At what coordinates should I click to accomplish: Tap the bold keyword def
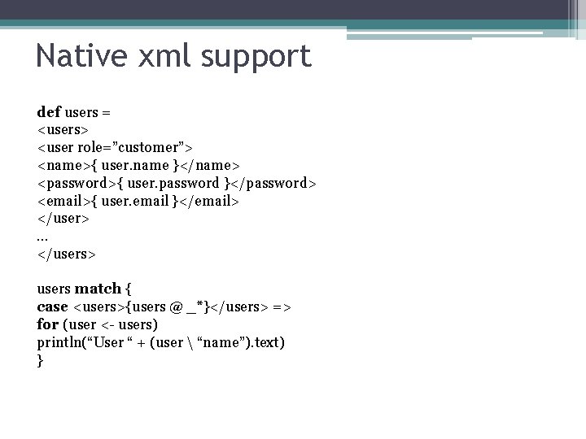point(49,111)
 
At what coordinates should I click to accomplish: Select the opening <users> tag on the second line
point(63,129)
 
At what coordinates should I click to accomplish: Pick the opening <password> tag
point(77,183)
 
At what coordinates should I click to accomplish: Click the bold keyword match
point(98,289)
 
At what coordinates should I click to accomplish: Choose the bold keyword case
point(53,306)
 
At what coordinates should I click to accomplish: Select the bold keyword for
point(48,324)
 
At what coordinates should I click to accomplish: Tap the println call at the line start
point(62,342)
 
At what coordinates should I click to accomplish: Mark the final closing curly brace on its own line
point(41,360)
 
